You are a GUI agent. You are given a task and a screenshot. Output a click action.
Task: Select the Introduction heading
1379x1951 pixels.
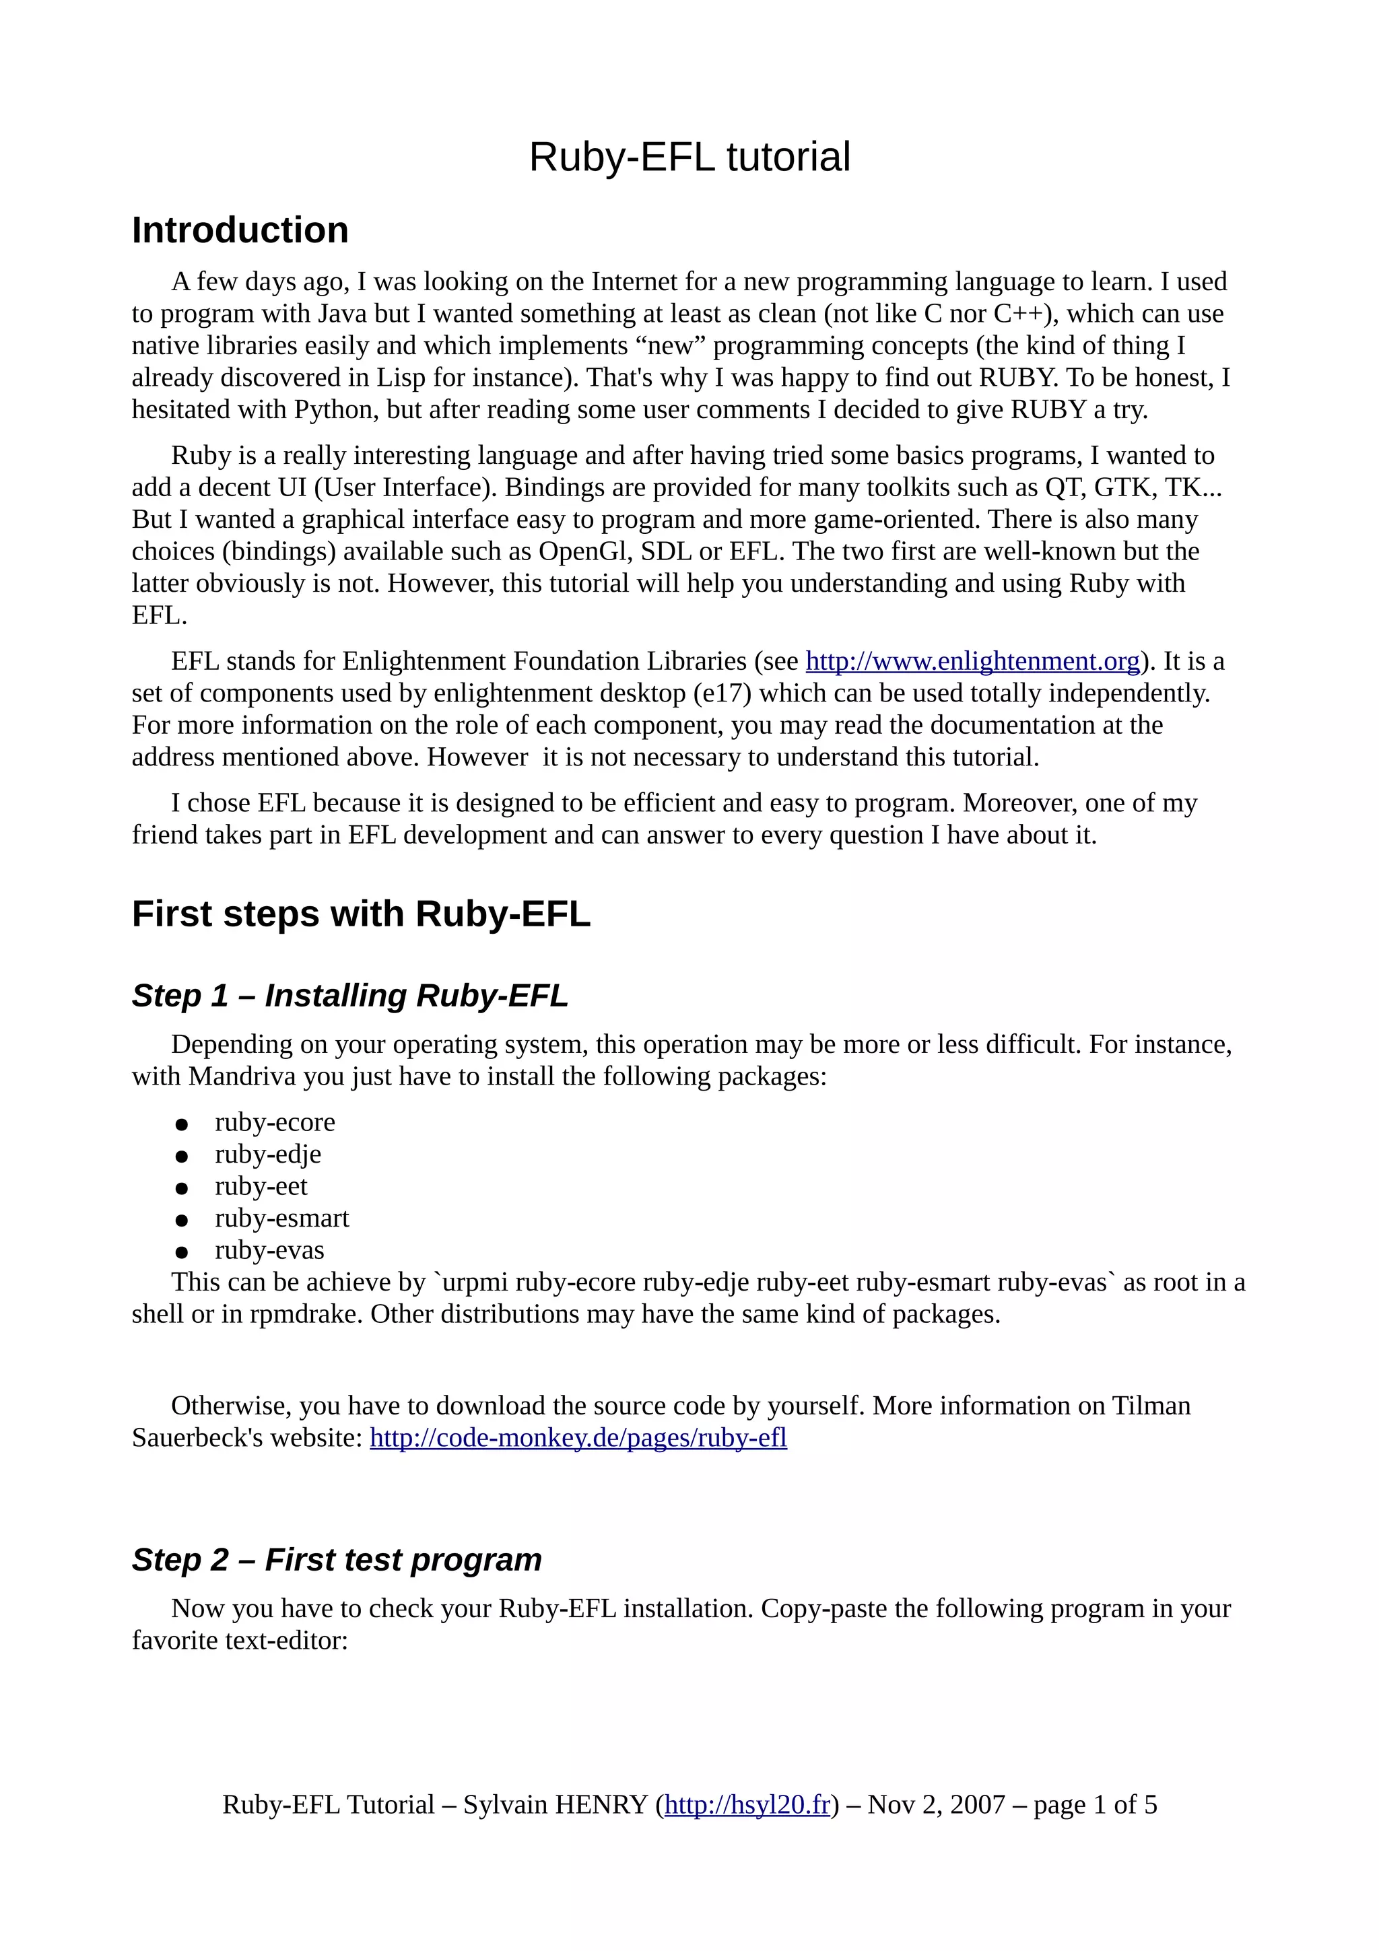coord(240,230)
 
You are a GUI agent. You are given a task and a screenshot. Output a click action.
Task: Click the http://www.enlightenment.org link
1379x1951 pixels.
coord(972,661)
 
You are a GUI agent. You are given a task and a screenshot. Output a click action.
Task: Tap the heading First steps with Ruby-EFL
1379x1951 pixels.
coord(360,914)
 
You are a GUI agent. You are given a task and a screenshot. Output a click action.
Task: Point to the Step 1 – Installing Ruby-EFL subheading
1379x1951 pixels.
coord(349,995)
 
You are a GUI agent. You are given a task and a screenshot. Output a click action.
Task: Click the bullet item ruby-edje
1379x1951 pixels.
coord(267,1155)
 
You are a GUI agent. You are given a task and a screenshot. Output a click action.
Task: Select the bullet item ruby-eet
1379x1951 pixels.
coord(261,1186)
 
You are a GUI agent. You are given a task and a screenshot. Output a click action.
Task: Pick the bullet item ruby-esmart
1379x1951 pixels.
coord(281,1219)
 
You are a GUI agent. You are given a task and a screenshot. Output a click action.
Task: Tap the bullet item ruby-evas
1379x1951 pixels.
coord(269,1251)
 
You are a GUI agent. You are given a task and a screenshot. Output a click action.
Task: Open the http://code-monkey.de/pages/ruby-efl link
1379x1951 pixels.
coord(578,1438)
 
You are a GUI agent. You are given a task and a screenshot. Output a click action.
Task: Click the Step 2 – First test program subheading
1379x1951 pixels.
coord(337,1560)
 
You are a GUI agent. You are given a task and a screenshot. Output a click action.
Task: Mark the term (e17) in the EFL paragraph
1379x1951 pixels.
coord(722,693)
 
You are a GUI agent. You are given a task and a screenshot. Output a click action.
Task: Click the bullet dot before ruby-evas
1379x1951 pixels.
coord(181,1252)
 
